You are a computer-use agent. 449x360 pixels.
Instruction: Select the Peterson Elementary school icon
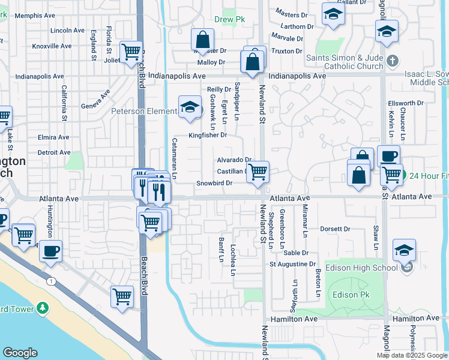(x=190, y=108)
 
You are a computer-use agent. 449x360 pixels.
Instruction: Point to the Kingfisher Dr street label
(x=208, y=135)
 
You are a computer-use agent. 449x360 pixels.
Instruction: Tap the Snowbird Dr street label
(x=214, y=183)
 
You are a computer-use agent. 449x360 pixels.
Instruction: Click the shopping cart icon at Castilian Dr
(x=258, y=172)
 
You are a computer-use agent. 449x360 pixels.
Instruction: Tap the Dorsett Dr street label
(x=335, y=229)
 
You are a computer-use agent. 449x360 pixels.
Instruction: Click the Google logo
(x=20, y=353)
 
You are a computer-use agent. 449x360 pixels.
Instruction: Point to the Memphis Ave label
(x=34, y=15)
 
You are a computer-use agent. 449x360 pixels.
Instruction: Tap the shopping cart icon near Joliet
(x=130, y=52)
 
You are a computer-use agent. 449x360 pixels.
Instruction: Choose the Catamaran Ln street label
(x=175, y=158)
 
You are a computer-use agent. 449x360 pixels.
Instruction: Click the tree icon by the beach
(x=42, y=308)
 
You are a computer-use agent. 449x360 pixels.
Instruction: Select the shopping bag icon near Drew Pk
(x=203, y=40)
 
